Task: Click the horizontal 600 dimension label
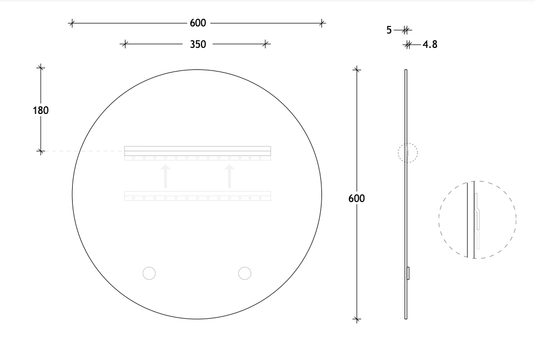coord(198,23)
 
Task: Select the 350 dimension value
coord(198,44)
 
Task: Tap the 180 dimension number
coord(41,110)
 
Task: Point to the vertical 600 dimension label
coord(357,198)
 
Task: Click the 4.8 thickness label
coord(430,45)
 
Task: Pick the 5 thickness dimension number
coord(389,30)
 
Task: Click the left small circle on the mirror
coord(149,273)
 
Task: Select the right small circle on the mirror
coord(244,273)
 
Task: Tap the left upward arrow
coord(165,176)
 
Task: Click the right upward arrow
coord(230,176)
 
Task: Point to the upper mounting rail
coord(198,151)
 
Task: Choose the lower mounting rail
coord(198,195)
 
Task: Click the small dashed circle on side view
coord(408,152)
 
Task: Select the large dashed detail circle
coord(477,220)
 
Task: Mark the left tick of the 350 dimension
coord(124,44)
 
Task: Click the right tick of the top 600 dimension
coord(322,23)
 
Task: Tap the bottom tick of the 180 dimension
coord(41,151)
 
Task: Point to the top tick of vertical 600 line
coord(357,69)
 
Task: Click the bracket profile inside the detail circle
coord(477,217)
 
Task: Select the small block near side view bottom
coord(408,273)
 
